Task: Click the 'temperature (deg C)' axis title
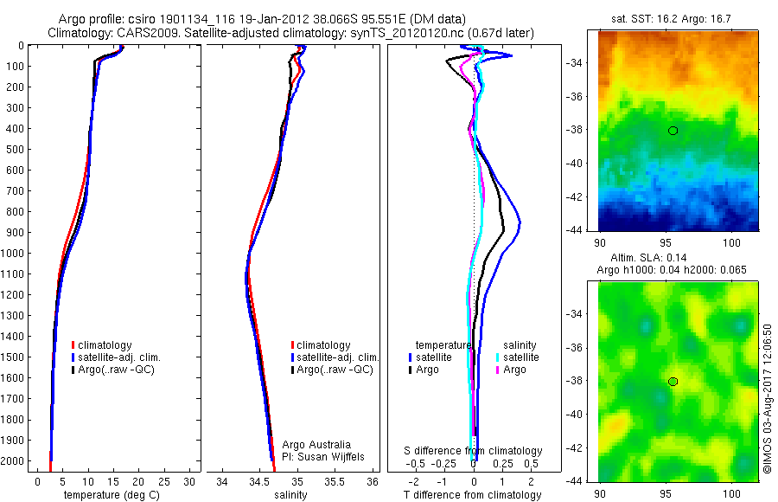point(114,495)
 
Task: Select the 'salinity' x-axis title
point(290,495)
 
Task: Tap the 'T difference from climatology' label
point(472,495)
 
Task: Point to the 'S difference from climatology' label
point(474,451)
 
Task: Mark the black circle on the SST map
point(673,131)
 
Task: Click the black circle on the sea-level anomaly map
point(673,382)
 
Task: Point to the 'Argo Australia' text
point(316,445)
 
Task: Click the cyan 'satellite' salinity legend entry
point(521,357)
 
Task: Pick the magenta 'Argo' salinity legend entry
point(513,370)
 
